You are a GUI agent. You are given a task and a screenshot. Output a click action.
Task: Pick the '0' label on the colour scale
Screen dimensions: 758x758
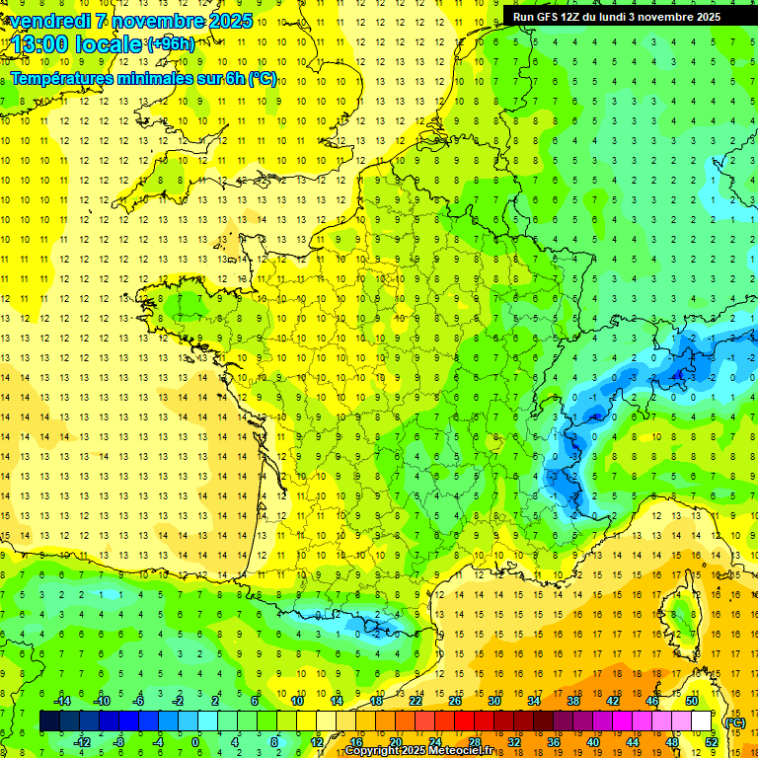pyautogui.click(x=195, y=741)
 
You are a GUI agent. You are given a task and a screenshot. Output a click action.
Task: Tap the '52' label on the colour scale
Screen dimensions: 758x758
pyautogui.click(x=712, y=741)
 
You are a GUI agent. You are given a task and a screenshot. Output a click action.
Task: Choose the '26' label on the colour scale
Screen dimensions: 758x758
pyautogui.click(x=455, y=700)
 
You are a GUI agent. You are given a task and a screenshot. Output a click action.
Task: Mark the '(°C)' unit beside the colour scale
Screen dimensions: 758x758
pyautogui.click(x=735, y=721)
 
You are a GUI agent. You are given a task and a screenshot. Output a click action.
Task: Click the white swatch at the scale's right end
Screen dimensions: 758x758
pyautogui.click(x=702, y=720)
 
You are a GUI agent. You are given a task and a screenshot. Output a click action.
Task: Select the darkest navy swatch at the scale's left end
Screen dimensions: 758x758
pyautogui.click(x=49, y=720)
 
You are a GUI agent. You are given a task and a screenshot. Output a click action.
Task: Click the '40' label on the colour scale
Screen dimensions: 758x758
pyautogui.click(x=592, y=741)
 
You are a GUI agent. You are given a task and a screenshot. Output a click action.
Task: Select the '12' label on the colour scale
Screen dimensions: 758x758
pyautogui.click(x=317, y=741)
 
